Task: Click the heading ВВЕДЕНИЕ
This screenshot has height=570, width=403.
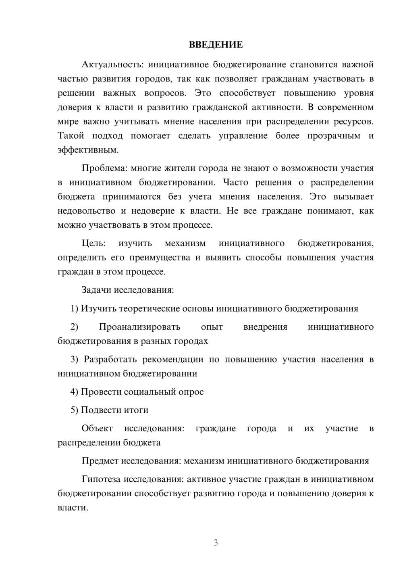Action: tap(216, 45)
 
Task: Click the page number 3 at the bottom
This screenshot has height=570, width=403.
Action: tap(216, 543)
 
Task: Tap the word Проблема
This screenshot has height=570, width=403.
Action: tap(104, 168)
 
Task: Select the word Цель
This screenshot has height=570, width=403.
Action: tap(93, 243)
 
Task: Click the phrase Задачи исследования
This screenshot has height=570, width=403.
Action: tap(127, 290)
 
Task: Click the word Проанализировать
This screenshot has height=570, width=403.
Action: tap(139, 327)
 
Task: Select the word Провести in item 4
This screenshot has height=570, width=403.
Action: tap(101, 392)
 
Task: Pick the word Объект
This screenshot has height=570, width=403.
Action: tap(97, 428)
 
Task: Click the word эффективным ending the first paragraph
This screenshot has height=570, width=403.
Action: tap(88, 150)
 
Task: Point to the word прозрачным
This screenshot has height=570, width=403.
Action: tap(334, 135)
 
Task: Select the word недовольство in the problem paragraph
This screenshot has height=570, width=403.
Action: tap(86, 210)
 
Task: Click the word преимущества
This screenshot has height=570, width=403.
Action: tap(160, 257)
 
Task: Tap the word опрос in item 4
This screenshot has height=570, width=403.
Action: tap(191, 392)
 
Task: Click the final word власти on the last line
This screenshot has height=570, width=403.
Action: tap(73, 508)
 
